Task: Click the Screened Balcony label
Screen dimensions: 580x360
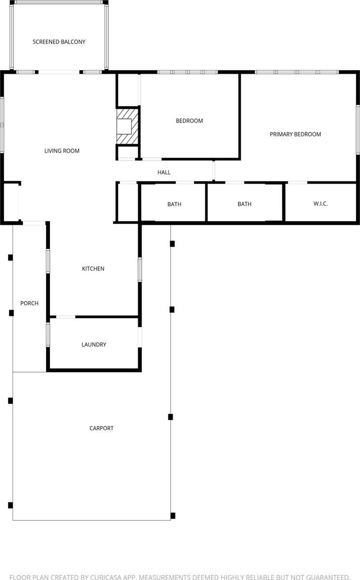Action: (59, 42)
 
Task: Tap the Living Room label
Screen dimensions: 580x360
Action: (62, 151)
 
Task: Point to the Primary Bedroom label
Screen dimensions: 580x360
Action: (295, 134)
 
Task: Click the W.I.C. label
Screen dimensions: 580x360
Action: (320, 204)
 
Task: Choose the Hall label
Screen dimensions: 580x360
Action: (164, 173)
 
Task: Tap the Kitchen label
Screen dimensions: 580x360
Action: (93, 269)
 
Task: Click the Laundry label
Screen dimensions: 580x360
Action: (94, 345)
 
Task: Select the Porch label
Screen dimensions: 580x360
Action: (29, 304)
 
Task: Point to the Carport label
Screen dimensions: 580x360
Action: (101, 428)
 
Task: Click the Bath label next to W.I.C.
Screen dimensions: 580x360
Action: (245, 204)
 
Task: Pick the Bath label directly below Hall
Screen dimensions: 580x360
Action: (174, 204)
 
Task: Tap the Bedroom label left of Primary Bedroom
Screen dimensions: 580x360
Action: (189, 121)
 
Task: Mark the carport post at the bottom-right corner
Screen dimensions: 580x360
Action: (173, 516)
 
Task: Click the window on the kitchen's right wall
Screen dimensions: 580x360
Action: (140, 270)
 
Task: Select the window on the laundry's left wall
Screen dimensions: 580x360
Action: (48, 334)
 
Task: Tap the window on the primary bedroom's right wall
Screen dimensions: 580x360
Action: (358, 130)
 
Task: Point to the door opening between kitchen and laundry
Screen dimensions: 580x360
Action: (66, 317)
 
